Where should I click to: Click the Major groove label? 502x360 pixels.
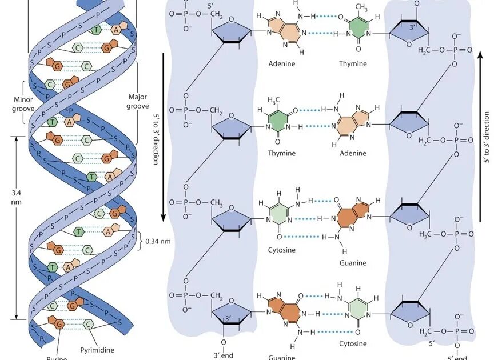click(137, 101)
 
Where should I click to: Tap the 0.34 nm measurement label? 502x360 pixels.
click(157, 241)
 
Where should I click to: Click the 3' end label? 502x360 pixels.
click(223, 355)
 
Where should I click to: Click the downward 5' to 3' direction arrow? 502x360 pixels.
click(163, 137)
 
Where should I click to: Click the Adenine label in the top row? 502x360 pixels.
click(282, 63)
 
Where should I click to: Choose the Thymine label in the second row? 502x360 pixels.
click(281, 153)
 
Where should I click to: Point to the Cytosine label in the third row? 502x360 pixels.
click(282, 250)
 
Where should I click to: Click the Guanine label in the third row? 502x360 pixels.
click(352, 263)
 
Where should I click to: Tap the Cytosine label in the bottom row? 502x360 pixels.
click(352, 343)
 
